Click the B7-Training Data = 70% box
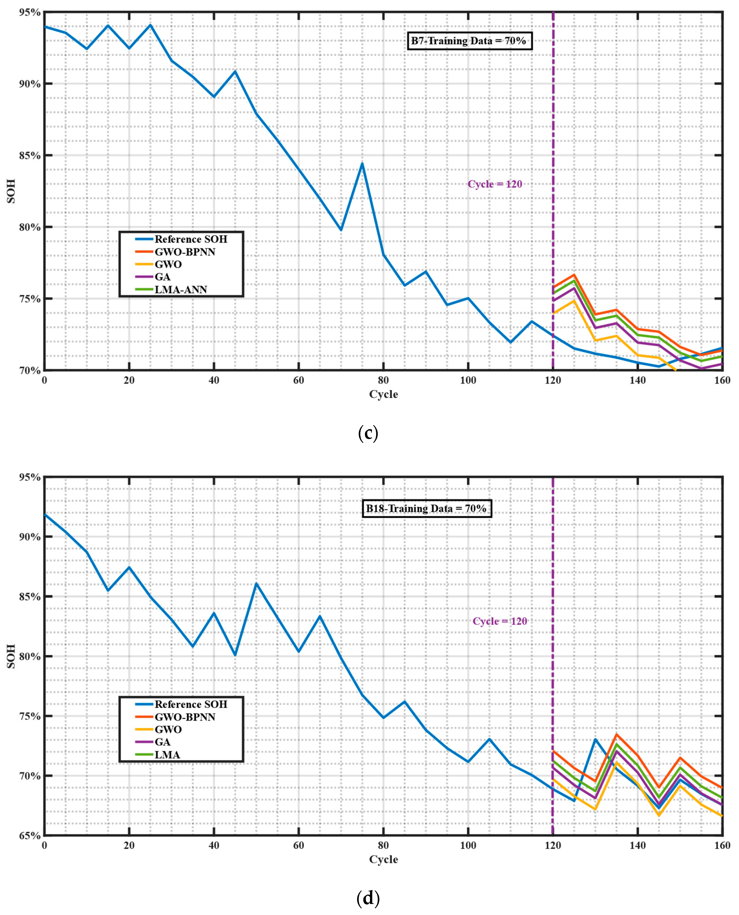pos(469,41)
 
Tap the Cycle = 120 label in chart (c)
pos(495,184)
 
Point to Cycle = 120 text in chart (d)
pos(500,621)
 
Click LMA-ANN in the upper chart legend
pos(180,290)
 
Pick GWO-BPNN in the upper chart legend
pos(185,252)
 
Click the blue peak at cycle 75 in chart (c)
pos(362,164)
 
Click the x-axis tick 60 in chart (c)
pos(298,380)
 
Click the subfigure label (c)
pos(368,434)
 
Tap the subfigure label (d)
pos(368,898)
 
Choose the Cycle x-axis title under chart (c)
pos(383,395)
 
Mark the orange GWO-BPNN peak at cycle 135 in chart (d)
pos(616,734)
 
